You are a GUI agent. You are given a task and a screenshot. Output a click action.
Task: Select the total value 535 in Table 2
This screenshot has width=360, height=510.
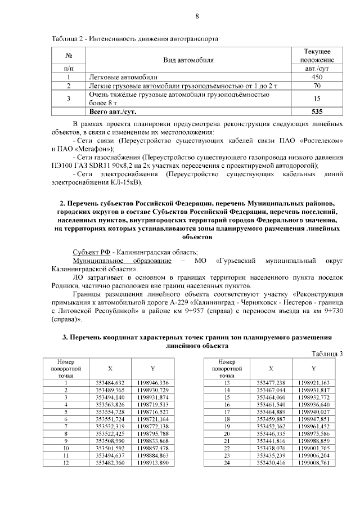(317, 111)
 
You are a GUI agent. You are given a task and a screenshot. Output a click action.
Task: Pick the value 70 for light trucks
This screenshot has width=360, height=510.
(317, 86)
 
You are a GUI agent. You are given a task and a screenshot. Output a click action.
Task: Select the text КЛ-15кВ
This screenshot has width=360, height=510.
(127, 182)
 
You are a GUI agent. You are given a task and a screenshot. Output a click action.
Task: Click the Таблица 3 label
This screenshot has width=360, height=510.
(326, 353)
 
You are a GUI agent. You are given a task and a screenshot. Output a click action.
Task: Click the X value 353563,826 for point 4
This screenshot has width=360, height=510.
(110, 404)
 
